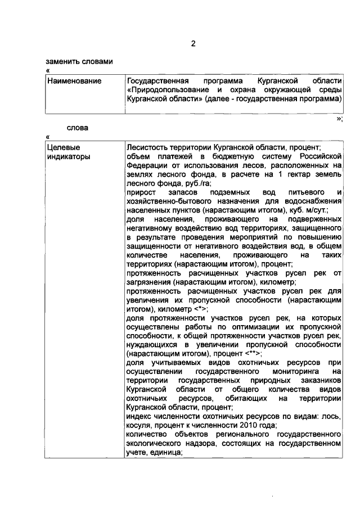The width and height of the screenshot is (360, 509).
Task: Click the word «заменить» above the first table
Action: pos(62,62)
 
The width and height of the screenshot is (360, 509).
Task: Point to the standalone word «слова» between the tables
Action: pos(78,128)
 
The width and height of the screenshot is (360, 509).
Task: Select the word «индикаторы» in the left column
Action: pos(69,157)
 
